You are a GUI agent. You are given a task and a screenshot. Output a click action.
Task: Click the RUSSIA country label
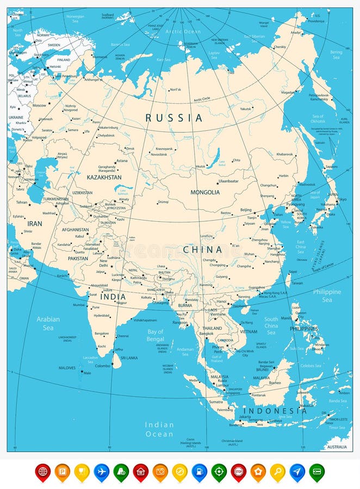tap(173, 117)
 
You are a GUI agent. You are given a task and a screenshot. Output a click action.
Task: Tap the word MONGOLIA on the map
tap(205, 192)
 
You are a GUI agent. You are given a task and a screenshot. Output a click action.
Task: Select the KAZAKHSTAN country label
tap(104, 177)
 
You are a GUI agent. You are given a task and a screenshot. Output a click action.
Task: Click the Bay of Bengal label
tap(156, 335)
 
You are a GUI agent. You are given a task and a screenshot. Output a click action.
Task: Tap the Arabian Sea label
tap(48, 323)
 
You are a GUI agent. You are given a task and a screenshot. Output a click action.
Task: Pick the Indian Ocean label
tap(159, 429)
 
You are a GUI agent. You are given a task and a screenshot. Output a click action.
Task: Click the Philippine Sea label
tap(327, 296)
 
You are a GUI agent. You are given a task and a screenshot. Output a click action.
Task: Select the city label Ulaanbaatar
tap(228, 181)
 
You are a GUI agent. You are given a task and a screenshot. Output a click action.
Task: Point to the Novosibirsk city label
tap(163, 154)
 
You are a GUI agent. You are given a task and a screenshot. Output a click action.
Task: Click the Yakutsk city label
tap(246, 109)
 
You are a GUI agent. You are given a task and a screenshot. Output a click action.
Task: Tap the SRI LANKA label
tap(129, 359)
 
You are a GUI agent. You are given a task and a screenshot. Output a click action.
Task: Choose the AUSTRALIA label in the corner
tap(337, 447)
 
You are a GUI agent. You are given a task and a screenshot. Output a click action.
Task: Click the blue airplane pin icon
tap(101, 471)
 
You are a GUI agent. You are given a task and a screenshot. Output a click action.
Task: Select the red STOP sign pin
tap(238, 471)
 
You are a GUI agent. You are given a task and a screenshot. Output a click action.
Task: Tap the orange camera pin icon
tap(160, 471)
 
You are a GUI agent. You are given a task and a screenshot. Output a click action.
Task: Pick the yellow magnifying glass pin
tap(277, 471)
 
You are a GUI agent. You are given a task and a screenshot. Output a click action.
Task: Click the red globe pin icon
tap(42, 471)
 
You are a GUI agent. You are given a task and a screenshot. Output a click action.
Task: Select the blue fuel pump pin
tap(199, 471)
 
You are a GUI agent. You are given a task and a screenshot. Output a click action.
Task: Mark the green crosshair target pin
tap(219, 471)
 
